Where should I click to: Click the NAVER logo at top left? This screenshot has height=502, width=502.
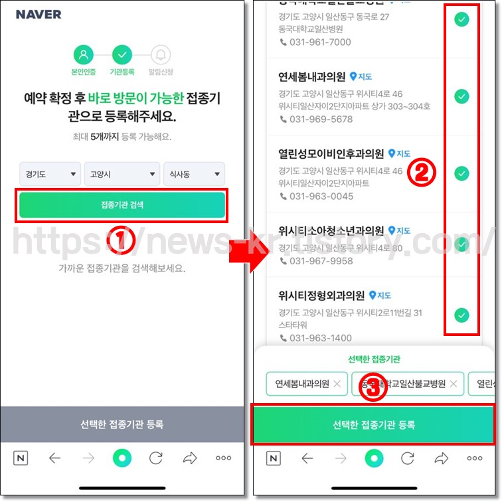[x=39, y=14]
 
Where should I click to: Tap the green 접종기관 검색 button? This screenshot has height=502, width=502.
[x=122, y=205]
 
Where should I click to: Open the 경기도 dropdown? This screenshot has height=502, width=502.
[x=50, y=175]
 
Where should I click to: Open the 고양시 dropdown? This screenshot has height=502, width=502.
[x=122, y=175]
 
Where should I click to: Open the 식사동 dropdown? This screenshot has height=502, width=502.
[x=194, y=175]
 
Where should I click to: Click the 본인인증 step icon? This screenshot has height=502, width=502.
[x=84, y=54]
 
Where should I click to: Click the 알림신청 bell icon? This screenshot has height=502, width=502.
[x=160, y=54]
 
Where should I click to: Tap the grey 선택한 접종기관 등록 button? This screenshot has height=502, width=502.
[x=122, y=424]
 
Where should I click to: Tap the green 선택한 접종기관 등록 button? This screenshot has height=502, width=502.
[x=373, y=424]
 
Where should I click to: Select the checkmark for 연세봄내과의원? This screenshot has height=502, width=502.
[x=461, y=97]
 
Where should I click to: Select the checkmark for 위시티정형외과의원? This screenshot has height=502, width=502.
[x=461, y=315]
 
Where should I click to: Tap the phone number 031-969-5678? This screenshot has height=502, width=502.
[x=321, y=120]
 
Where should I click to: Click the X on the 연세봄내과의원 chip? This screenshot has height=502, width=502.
[x=337, y=383]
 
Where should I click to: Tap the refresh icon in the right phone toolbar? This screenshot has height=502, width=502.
[x=408, y=458]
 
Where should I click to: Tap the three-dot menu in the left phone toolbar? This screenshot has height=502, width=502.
[x=223, y=458]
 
